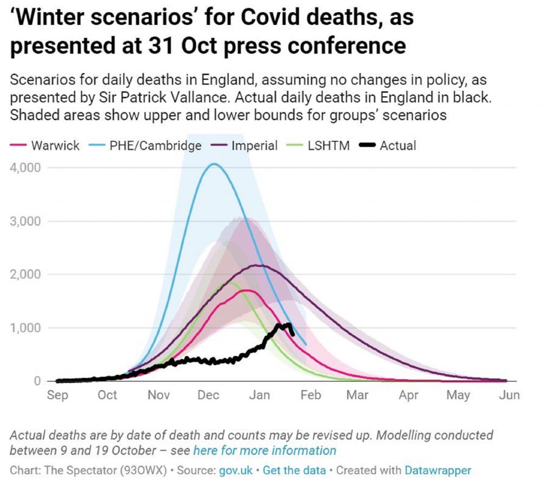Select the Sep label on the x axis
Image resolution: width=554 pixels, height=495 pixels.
click(x=57, y=395)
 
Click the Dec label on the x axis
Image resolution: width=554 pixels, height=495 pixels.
click(x=208, y=395)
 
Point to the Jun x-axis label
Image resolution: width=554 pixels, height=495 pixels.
click(x=509, y=395)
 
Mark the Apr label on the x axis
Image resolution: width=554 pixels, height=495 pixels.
click(x=408, y=395)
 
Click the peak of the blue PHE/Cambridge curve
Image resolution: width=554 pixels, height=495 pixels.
click(x=214, y=164)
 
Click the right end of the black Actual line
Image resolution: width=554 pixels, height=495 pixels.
click(x=293, y=334)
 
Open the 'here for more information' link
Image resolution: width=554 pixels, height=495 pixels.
click(x=265, y=451)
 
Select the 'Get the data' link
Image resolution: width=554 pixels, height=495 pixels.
click(x=294, y=470)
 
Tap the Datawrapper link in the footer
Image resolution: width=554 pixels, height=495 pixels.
click(x=438, y=470)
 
